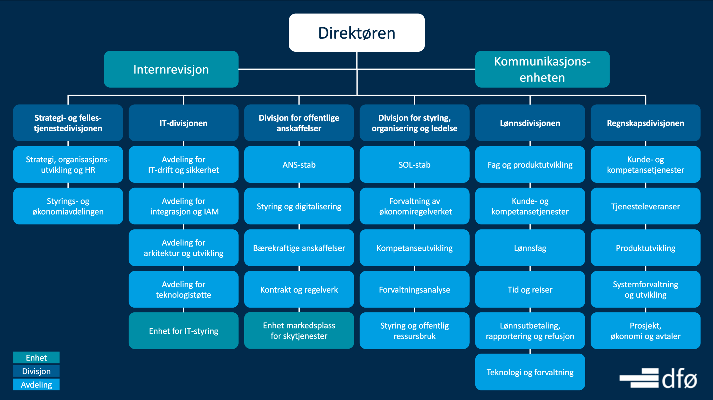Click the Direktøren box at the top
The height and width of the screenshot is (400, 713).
[x=356, y=33]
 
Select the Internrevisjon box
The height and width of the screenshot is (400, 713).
[x=171, y=69]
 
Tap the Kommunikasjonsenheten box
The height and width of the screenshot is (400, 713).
[x=542, y=69]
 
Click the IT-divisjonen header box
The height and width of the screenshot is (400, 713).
[x=184, y=123]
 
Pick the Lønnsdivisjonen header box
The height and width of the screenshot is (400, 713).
[x=530, y=123]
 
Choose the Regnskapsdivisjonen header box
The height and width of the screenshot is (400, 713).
[x=646, y=123]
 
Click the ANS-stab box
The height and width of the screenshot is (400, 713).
[x=299, y=164]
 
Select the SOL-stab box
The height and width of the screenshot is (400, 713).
[x=414, y=164]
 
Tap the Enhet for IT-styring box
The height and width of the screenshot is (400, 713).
[x=184, y=331]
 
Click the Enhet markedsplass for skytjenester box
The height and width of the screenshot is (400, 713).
[x=299, y=331]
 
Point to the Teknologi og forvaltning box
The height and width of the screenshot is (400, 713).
[x=530, y=372]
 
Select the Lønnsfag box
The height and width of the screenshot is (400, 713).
[x=530, y=248]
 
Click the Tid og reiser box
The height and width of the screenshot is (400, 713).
[x=530, y=289]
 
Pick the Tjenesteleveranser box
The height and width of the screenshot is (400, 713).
[x=646, y=206]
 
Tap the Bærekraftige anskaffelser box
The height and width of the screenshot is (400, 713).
[x=299, y=248]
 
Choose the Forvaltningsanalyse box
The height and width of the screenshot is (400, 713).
[x=414, y=289]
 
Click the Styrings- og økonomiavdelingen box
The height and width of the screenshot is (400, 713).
[x=68, y=206]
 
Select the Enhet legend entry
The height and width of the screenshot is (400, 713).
[x=36, y=358]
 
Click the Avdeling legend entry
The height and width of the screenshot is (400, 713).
[x=36, y=385]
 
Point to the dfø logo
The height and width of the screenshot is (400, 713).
[x=658, y=378]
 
